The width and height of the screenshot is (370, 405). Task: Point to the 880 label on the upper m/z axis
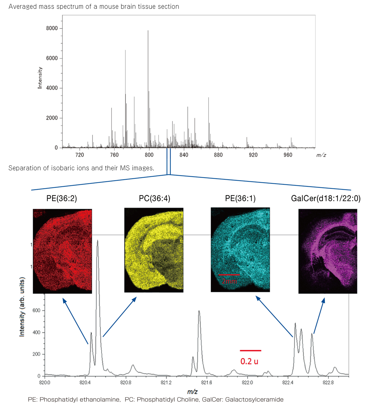(218, 155)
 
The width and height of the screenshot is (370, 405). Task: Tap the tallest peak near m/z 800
(148, 31)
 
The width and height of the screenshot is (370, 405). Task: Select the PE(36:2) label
(62, 198)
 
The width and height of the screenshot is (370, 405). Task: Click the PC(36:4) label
(154, 198)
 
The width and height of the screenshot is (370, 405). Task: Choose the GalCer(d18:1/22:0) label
(326, 198)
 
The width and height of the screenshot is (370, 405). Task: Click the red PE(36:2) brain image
(62, 251)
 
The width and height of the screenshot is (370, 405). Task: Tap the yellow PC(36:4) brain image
(154, 250)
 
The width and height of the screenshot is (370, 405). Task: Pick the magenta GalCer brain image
(328, 251)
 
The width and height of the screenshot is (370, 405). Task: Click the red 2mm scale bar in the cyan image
(229, 275)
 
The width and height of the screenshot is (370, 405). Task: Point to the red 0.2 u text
(249, 361)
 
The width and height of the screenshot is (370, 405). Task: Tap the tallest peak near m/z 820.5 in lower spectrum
(98, 241)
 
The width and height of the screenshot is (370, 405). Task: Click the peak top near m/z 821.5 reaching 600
(199, 311)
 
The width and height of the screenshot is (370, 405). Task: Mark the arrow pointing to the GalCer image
(319, 315)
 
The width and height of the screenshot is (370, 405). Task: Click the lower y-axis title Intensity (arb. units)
(22, 307)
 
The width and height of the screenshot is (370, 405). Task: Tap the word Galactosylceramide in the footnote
(254, 400)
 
